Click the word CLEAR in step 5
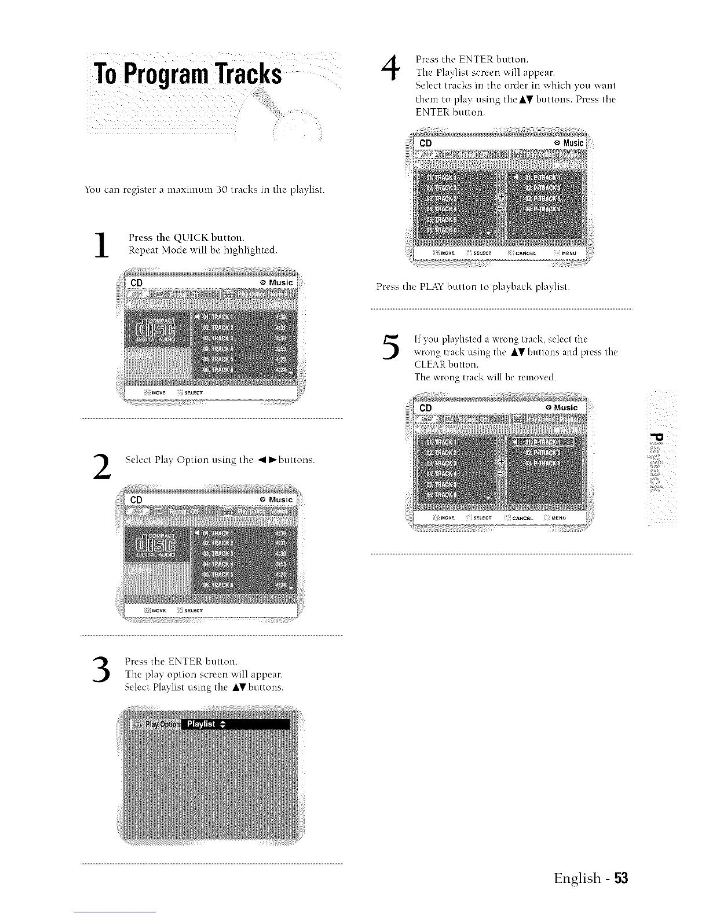(x=433, y=365)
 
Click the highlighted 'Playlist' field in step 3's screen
(x=235, y=724)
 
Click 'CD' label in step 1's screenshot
(x=137, y=283)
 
